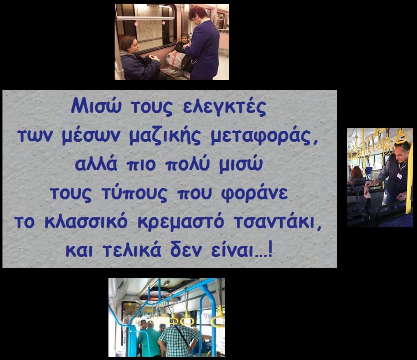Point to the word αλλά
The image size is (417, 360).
96,164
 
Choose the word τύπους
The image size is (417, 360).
135,193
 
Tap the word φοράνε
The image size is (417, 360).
254,193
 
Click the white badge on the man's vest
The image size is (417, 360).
399,175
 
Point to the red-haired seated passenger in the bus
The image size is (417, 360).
357,175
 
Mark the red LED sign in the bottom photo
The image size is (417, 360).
152,298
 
